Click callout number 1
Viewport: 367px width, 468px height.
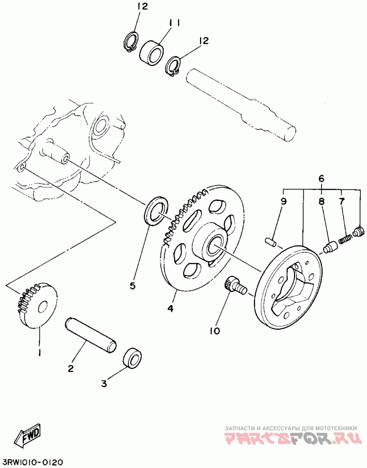(40, 352)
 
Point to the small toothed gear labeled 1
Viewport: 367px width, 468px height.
(39, 306)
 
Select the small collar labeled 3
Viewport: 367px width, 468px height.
(133, 358)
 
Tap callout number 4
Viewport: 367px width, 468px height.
(170, 308)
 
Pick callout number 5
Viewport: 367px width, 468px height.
(132, 286)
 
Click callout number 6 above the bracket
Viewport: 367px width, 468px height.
(321, 178)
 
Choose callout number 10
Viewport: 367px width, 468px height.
(215, 330)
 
